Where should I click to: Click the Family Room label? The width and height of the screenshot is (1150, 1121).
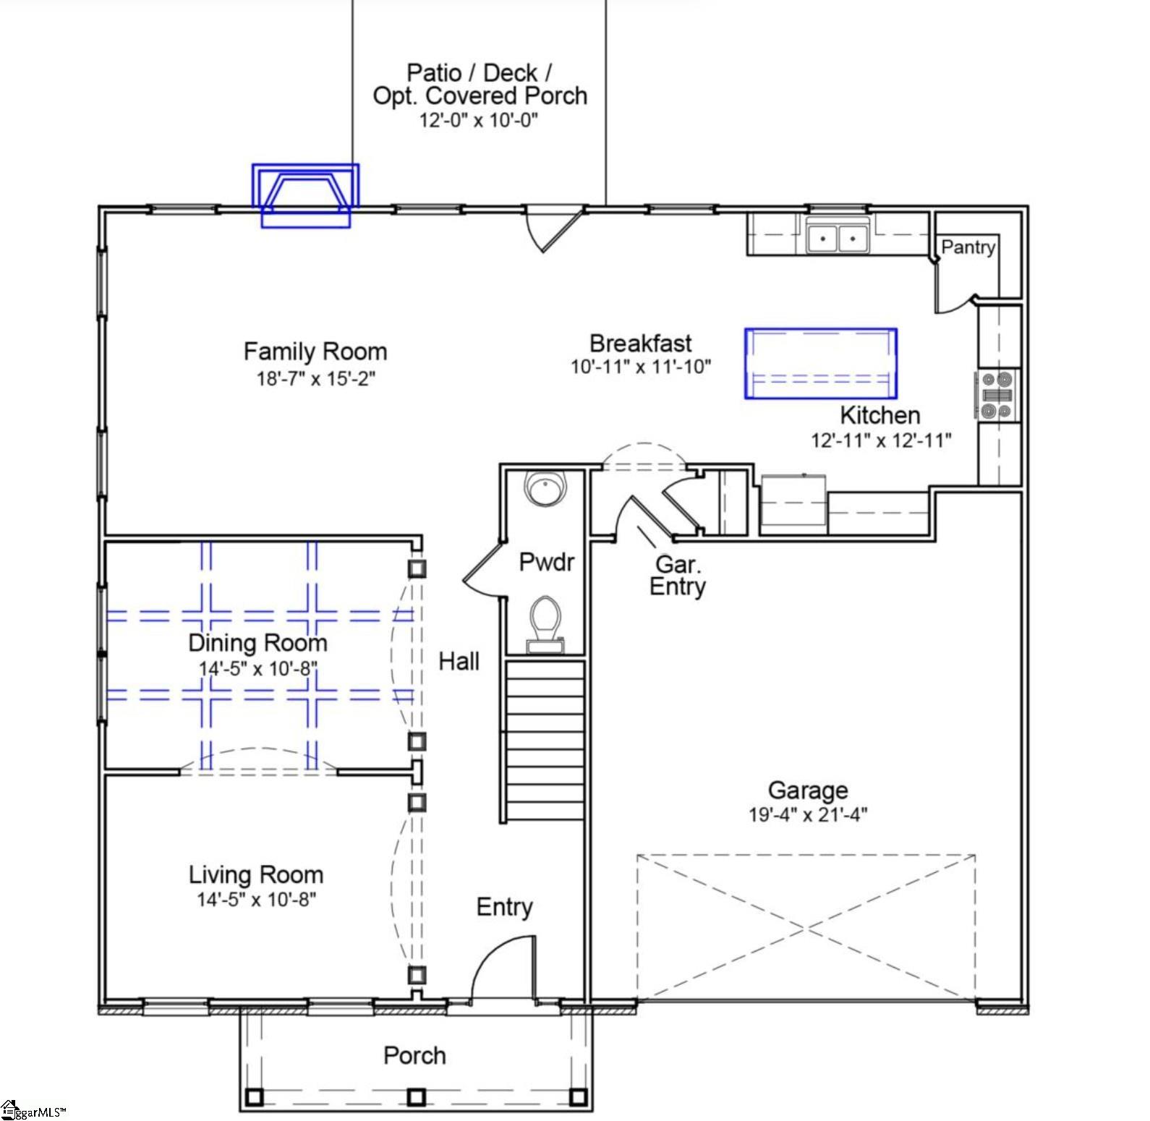coord(315,351)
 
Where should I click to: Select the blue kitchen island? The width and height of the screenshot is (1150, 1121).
coord(821,364)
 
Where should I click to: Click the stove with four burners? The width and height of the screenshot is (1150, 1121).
coord(997,396)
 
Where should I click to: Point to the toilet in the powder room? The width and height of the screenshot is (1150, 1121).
coord(545,622)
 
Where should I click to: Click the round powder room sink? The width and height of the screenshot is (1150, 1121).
coord(543,489)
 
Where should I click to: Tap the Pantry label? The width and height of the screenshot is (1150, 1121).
coord(968,247)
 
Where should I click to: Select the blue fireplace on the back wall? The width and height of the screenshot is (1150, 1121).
coord(305,195)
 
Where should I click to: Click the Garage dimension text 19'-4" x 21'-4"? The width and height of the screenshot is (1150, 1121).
coord(808,814)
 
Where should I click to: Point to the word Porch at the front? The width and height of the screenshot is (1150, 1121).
coord(414,1055)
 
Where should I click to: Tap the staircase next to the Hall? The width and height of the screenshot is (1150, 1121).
coord(544,741)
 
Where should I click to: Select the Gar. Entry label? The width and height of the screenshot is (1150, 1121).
coord(678,576)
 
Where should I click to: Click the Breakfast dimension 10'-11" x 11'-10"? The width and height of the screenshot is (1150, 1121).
coord(641,367)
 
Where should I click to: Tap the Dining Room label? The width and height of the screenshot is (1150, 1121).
coord(257,643)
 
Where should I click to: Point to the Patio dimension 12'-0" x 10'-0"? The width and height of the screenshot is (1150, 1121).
coord(479,120)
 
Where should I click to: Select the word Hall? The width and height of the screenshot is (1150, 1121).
coord(459,661)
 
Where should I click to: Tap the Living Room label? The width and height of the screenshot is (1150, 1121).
coord(256,874)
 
